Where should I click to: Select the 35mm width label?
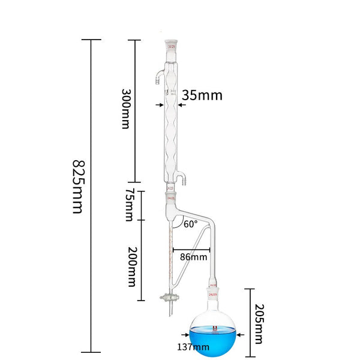tap(202, 95)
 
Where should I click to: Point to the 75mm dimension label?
tap(128, 204)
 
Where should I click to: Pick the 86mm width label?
tap(194, 257)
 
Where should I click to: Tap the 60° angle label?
tap(191, 225)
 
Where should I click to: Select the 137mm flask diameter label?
tap(193, 346)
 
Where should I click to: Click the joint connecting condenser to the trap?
tap(171, 196)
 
